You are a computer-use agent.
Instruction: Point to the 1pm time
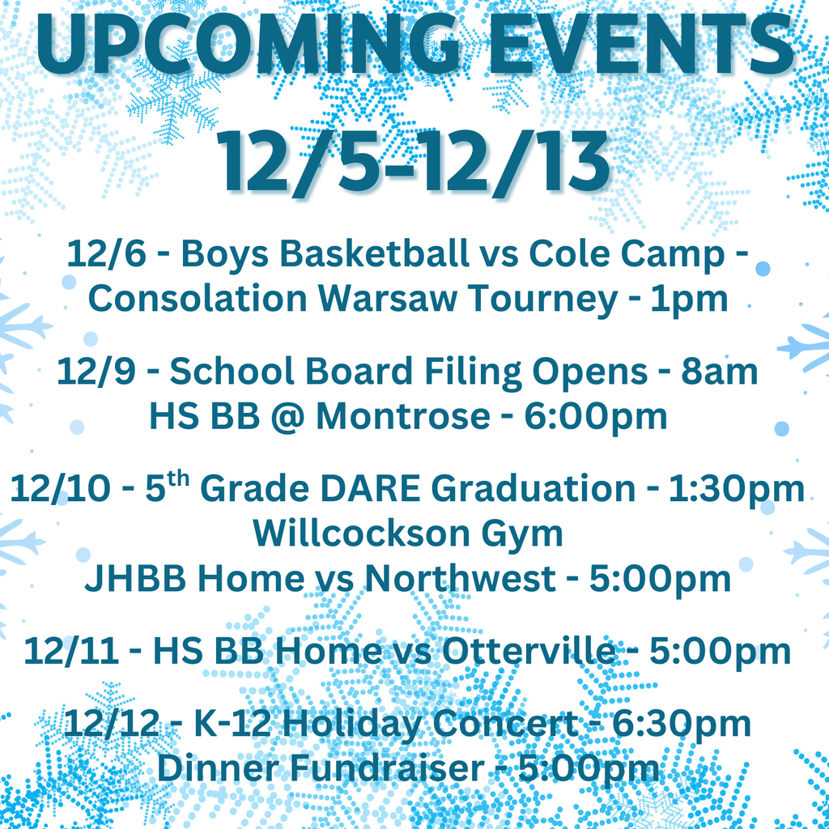point(688,299)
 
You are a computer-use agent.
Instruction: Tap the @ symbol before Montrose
point(285,416)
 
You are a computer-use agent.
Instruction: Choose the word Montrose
point(402,416)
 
